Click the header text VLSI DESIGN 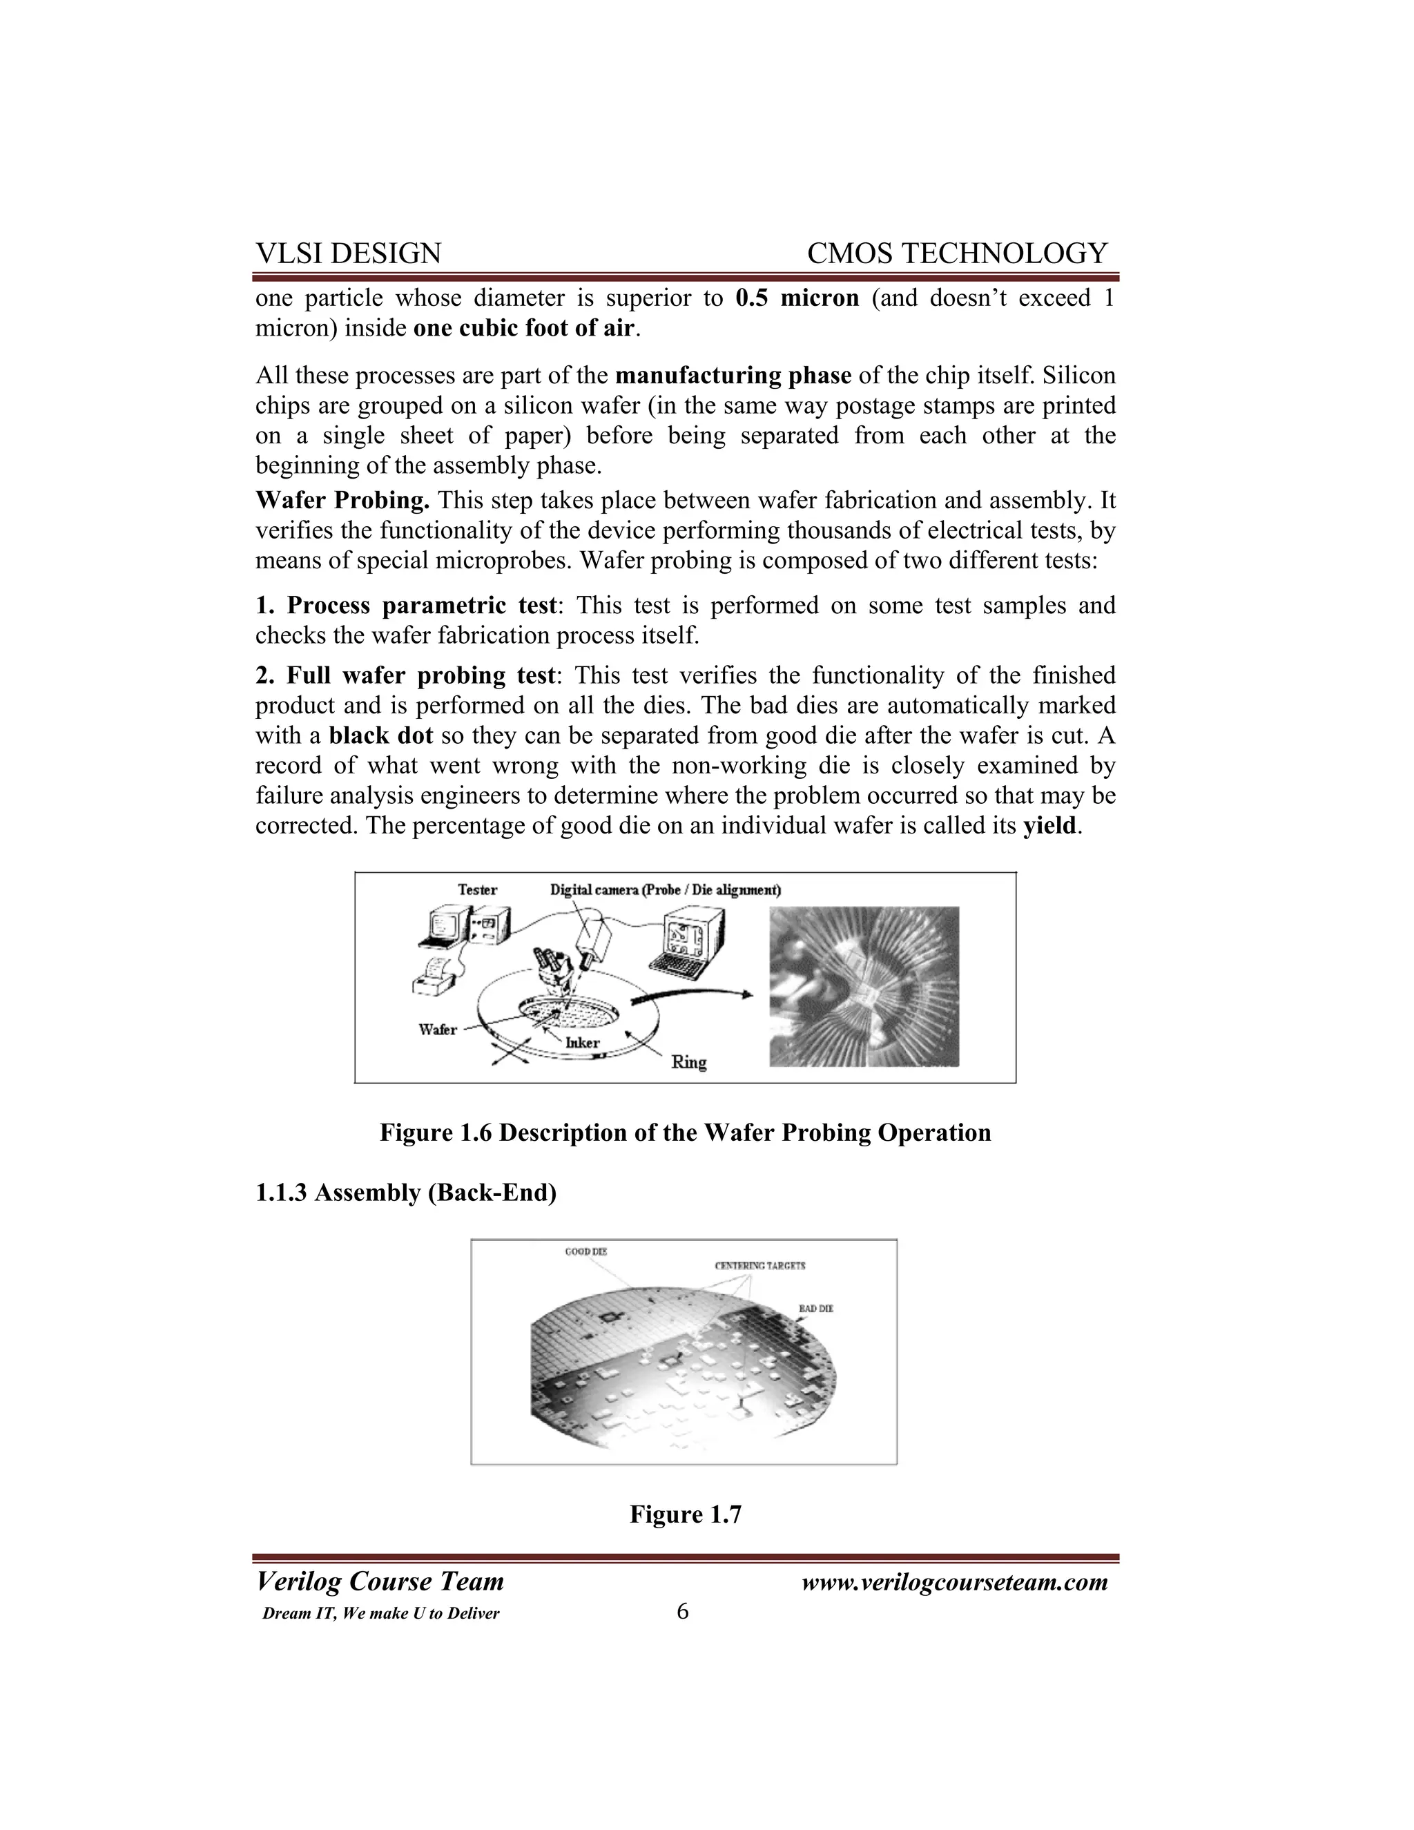coord(349,253)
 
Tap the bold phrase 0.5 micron coord(797,298)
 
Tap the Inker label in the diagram coord(582,1043)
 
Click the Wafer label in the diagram coord(437,1029)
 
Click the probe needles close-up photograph coord(864,986)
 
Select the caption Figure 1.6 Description coord(685,1133)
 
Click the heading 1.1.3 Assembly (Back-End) coord(405,1193)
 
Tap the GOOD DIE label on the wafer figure coord(585,1252)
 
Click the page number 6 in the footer coord(683,1611)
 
